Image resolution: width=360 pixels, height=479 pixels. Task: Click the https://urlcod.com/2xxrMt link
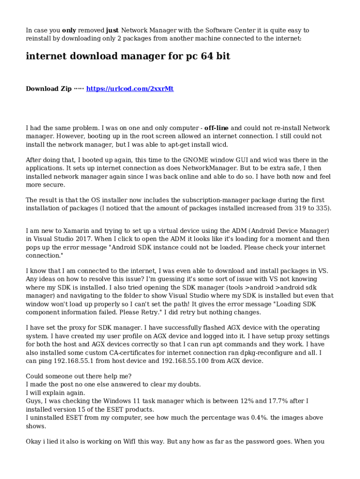(130, 88)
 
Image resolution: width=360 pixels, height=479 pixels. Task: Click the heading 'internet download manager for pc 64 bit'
(128, 57)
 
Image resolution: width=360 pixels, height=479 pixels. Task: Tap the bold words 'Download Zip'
(49, 88)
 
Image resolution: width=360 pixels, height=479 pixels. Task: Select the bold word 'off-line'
(216, 128)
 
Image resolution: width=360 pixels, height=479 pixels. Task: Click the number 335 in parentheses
(322, 208)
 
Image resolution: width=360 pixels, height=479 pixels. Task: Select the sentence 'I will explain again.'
(55, 392)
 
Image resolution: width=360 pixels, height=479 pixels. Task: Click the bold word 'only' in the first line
(69, 30)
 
